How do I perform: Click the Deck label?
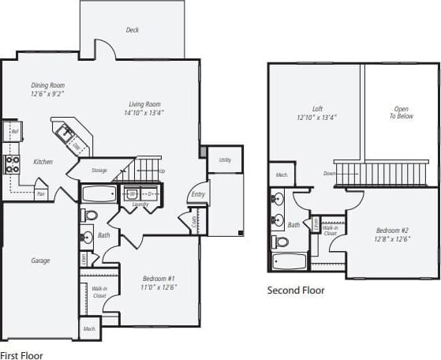(x=133, y=31)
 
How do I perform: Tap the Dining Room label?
(x=47, y=85)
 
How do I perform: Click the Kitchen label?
(x=43, y=162)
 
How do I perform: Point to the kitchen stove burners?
(x=13, y=163)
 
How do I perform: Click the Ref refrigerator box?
(x=14, y=131)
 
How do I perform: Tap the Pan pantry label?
(x=40, y=193)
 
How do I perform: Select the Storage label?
(x=99, y=170)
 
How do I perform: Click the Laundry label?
(x=140, y=204)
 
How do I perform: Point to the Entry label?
(x=197, y=194)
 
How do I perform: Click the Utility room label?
(x=225, y=160)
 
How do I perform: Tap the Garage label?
(x=41, y=261)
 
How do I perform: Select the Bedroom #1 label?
(x=159, y=278)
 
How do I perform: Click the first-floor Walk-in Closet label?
(x=99, y=292)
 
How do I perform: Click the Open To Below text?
(x=401, y=112)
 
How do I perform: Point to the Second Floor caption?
(x=296, y=291)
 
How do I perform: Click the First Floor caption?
(x=21, y=355)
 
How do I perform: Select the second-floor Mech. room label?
(x=280, y=174)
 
